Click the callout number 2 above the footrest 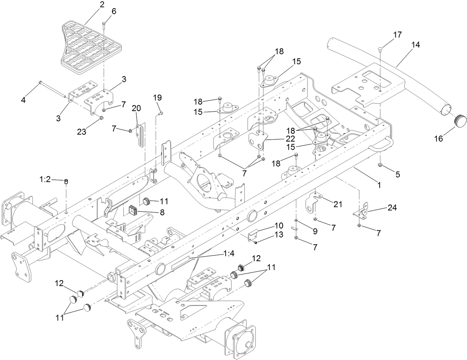coord(91,5)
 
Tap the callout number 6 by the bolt coord(114,12)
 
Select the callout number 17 coord(397,35)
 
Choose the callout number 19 coord(157,98)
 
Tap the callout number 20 coord(136,108)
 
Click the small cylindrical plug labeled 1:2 coord(66,182)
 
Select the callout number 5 coord(398,174)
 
